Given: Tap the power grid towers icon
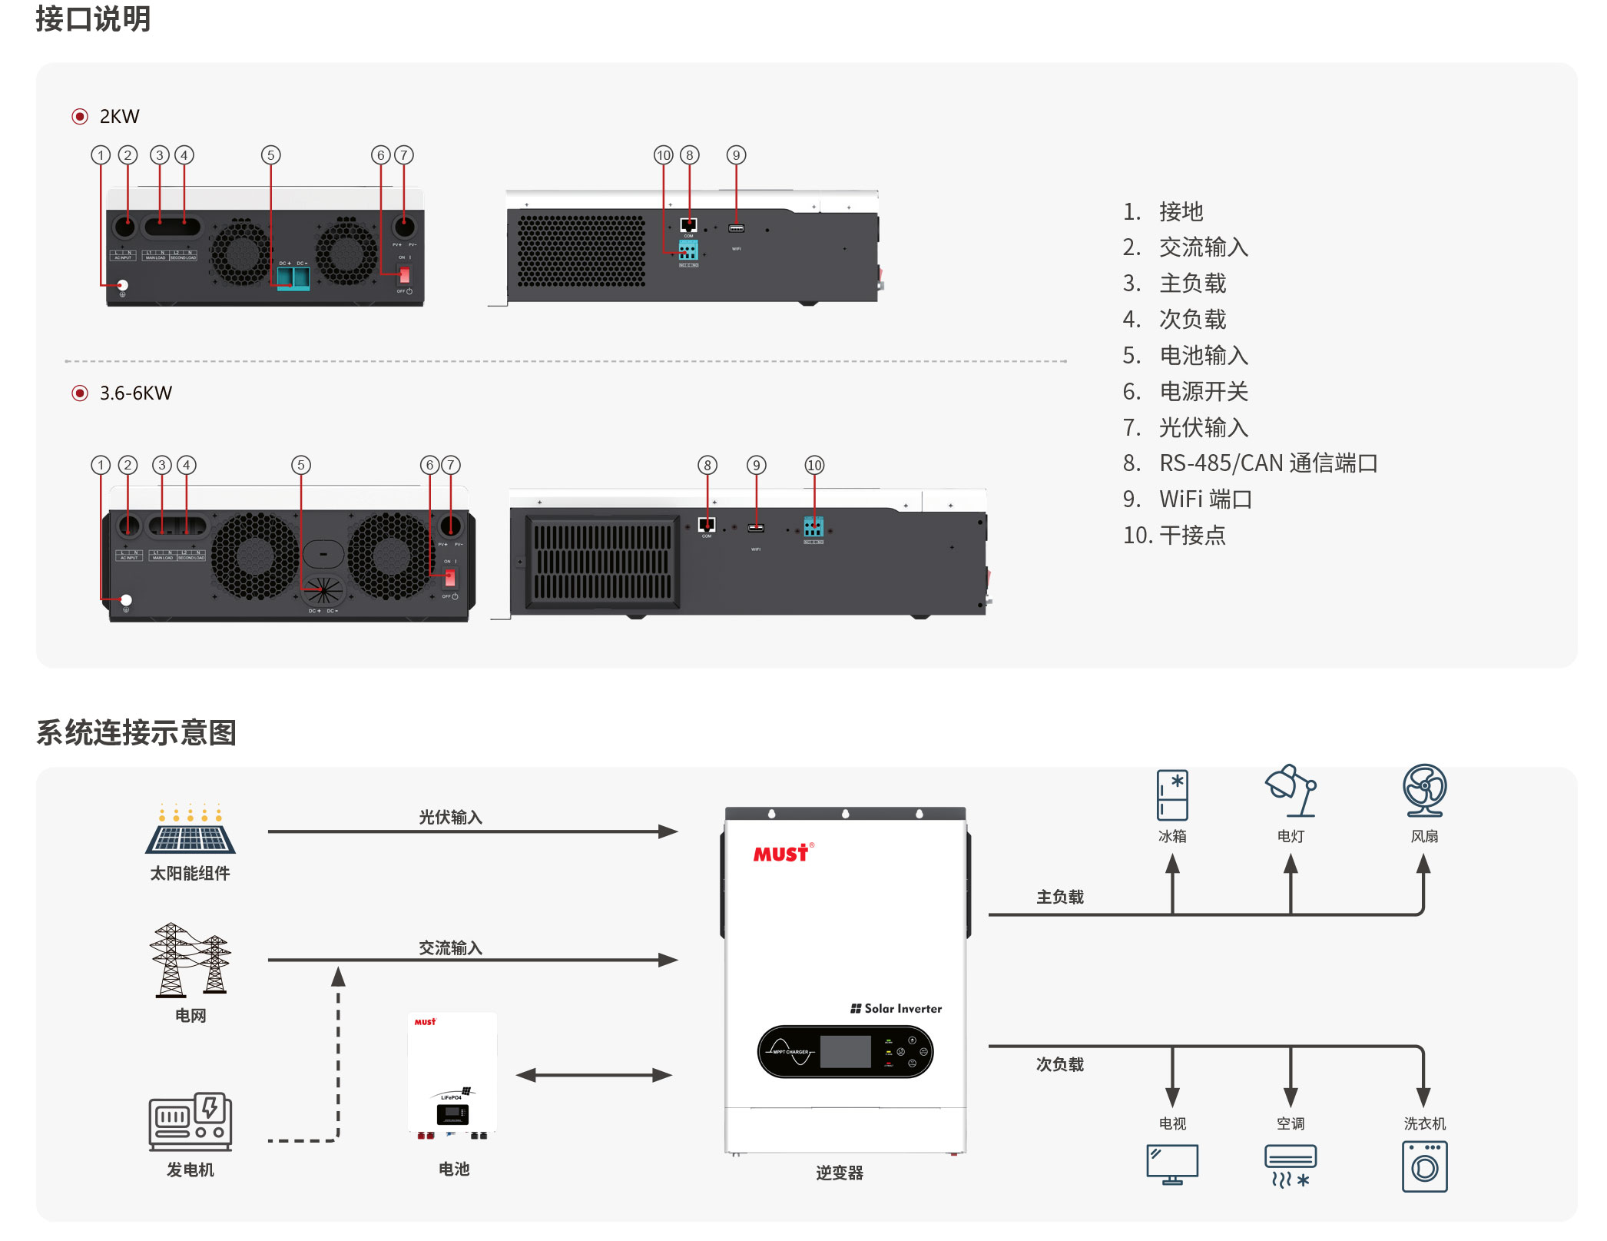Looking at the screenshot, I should tap(190, 960).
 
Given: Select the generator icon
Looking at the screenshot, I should tap(190, 1122).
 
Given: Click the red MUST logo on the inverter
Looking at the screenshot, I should tap(781, 854).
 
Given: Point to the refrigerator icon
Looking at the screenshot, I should tap(1172, 795).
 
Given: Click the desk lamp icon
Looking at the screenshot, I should tap(1291, 791).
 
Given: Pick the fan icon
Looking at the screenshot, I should tap(1424, 790).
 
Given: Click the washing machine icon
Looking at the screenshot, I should tap(1424, 1166).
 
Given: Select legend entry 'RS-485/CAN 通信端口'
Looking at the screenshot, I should tap(1267, 463).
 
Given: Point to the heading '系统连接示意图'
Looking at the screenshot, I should tap(136, 732).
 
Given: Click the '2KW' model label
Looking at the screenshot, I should tap(119, 117).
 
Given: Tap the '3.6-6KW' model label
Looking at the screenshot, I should tap(135, 393).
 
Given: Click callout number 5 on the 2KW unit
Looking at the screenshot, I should tap(270, 155).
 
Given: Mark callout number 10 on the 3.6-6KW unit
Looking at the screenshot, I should tap(814, 465).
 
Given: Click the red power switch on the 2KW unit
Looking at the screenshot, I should tap(404, 274).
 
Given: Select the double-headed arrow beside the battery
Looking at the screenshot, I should tap(594, 1075).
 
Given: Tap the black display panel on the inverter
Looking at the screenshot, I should tap(845, 1051).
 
